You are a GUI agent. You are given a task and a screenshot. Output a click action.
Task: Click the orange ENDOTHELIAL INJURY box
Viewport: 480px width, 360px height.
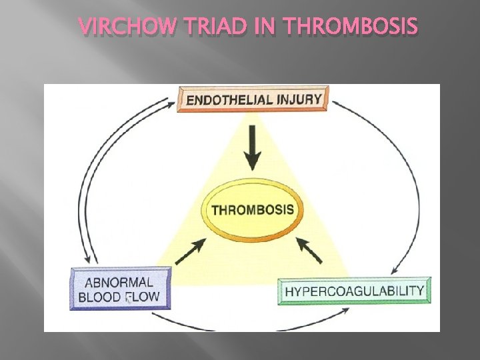[x=253, y=99]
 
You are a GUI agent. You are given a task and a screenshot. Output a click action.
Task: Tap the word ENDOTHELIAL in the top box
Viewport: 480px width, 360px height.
[x=229, y=100]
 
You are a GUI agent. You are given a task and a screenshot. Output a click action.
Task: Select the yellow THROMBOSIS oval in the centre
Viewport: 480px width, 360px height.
[x=252, y=209]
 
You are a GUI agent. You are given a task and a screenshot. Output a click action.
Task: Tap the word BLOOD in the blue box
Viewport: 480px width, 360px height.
[x=99, y=297]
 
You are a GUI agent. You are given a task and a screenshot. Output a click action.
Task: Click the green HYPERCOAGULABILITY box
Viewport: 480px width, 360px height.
[x=354, y=291]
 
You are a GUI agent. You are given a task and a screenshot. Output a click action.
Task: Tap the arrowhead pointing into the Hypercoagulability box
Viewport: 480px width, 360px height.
[x=394, y=271]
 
